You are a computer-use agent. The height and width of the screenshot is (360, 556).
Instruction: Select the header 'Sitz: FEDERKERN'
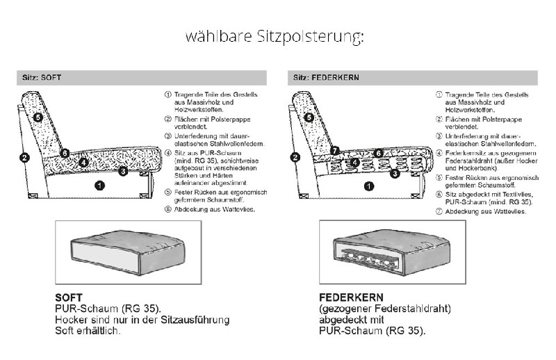pyautogui.click(x=325, y=78)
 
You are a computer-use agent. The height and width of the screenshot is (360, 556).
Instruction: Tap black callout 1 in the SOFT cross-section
pyautogui.click(x=99, y=185)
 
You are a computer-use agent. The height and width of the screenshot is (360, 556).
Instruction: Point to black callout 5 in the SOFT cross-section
pyautogui.click(x=38, y=117)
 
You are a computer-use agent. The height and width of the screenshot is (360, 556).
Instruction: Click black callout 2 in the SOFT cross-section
pyautogui.click(x=24, y=157)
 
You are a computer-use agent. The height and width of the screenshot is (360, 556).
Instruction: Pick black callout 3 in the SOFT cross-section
pyautogui.click(x=122, y=170)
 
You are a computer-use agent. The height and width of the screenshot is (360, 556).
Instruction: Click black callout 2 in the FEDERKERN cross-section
pyautogui.click(x=295, y=157)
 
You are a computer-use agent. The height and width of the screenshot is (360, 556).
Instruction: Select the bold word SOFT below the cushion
pyautogui.click(x=68, y=297)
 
